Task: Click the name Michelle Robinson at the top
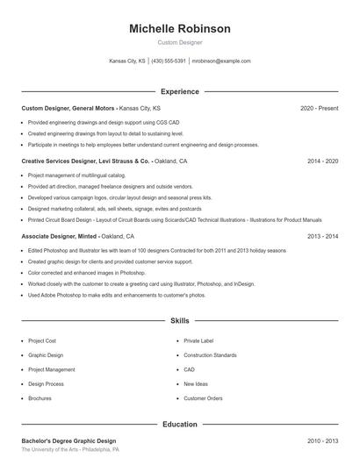[179, 29]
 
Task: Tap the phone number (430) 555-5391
[169, 61]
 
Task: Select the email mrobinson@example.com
[221, 61]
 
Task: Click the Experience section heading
[179, 91]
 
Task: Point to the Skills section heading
[179, 321]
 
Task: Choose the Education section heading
[179, 425]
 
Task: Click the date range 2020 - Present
[319, 108]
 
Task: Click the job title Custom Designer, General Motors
[68, 108]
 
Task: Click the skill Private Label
[198, 340]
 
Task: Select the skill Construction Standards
[210, 355]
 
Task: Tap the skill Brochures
[40, 398]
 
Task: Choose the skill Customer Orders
[203, 398]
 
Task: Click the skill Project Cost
[42, 340]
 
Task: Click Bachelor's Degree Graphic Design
[68, 440]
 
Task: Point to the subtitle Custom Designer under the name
[179, 42]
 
